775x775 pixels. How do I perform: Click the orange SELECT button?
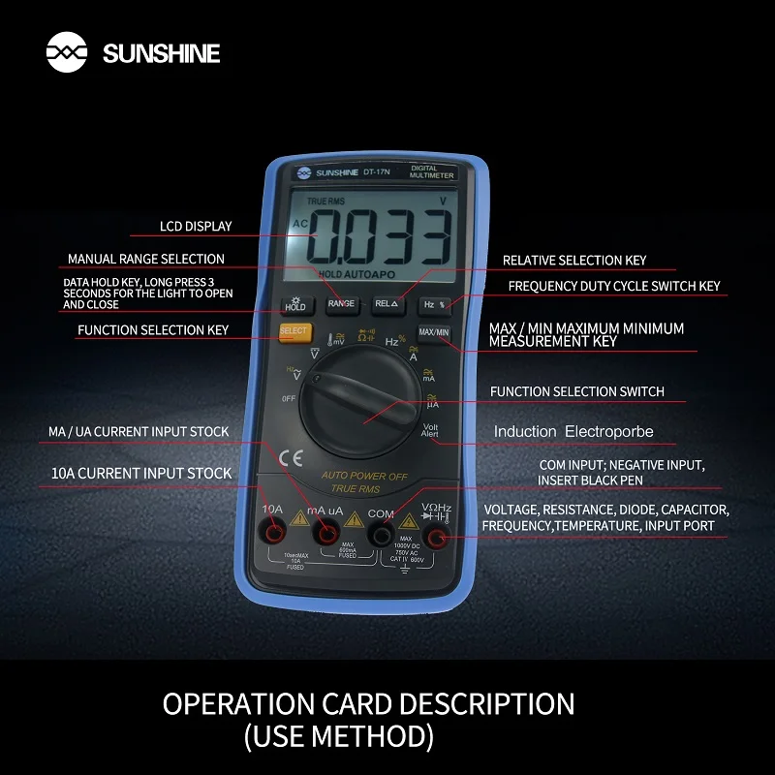coord(294,331)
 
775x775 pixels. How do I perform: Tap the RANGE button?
coord(341,303)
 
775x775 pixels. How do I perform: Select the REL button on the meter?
coord(387,303)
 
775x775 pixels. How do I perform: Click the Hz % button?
coord(433,304)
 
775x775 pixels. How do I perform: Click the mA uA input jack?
coord(327,534)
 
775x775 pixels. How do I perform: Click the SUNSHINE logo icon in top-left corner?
coord(67,52)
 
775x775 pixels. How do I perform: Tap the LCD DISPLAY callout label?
coord(196,227)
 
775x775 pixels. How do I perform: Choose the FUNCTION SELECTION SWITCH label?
coord(577,391)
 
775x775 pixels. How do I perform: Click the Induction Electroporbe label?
coord(573,431)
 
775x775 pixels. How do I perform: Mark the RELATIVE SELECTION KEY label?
coord(573,260)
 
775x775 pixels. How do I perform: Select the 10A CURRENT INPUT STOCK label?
coord(141,474)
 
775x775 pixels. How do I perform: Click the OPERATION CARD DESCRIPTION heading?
coord(368,703)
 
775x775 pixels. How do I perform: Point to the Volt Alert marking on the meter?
coord(431,429)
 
